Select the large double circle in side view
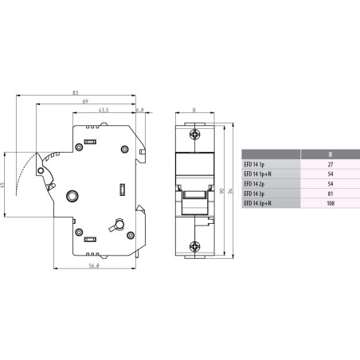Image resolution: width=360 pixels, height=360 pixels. [72, 195]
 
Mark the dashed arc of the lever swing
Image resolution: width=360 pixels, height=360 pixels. [29, 170]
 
